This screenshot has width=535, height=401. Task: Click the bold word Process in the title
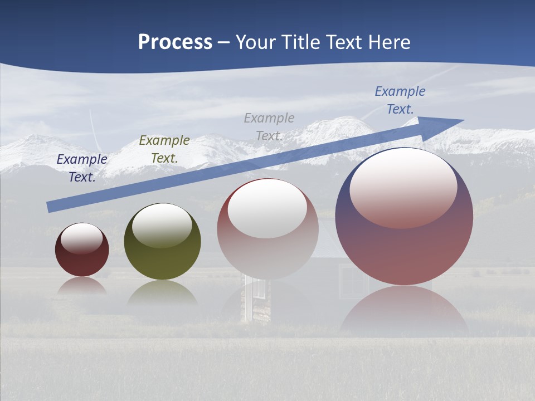click(175, 42)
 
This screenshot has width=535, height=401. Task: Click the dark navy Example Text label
click(82, 168)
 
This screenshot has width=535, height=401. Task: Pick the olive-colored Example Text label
click(164, 149)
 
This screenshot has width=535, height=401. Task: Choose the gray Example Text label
click(269, 127)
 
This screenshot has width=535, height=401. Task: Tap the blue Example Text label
click(400, 100)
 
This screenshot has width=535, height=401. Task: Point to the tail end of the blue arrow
click(50, 207)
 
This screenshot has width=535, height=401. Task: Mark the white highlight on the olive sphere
click(162, 224)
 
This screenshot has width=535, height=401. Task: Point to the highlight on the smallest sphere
click(82, 238)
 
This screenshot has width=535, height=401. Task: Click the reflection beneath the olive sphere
click(162, 294)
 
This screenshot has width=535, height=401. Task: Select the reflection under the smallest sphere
click(82, 286)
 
